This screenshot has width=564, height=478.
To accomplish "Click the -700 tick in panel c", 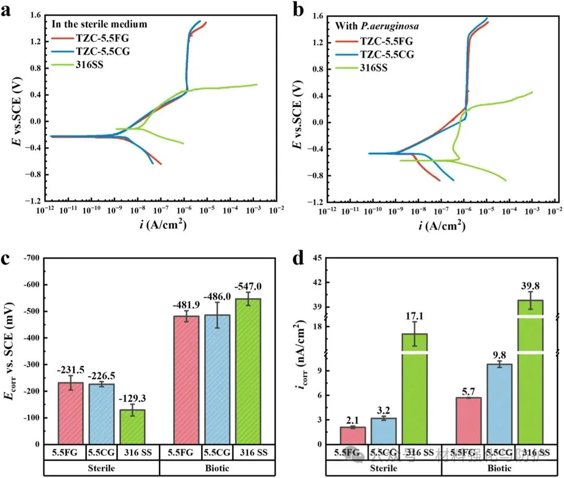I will tap(34, 258).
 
